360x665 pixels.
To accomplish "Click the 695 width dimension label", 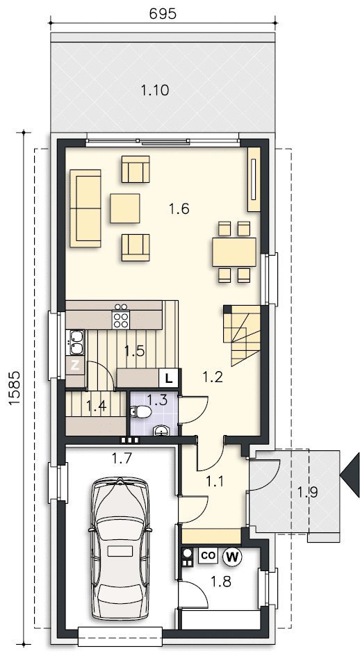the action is tap(163, 14).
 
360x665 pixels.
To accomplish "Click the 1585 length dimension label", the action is tap(14, 388).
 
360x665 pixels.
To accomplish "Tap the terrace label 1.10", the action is tap(155, 90).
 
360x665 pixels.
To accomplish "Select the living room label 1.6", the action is tap(179, 208).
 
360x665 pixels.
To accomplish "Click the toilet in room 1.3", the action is tap(140, 412).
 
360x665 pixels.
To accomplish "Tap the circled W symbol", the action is tap(232, 557).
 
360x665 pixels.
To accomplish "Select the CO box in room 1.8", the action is tap(208, 556).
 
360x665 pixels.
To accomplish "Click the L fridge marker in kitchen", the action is tap(169, 378).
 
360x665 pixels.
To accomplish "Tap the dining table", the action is tap(234, 252).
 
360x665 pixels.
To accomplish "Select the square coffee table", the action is tap(125, 208).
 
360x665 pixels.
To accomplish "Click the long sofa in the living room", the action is tap(85, 208).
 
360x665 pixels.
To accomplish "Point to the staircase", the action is tap(242, 335).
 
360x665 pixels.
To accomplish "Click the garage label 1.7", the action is tap(122, 458).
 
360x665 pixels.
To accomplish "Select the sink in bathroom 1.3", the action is tap(161, 430).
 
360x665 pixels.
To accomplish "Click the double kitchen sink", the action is tap(76, 343).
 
